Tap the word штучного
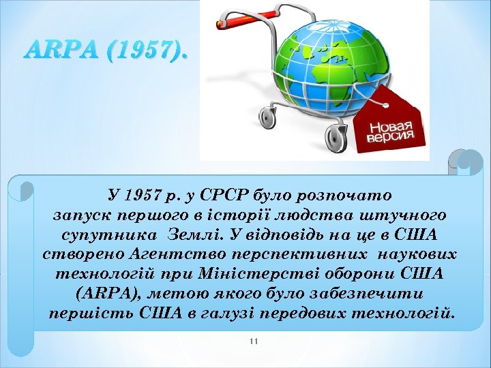(x=409, y=215)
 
